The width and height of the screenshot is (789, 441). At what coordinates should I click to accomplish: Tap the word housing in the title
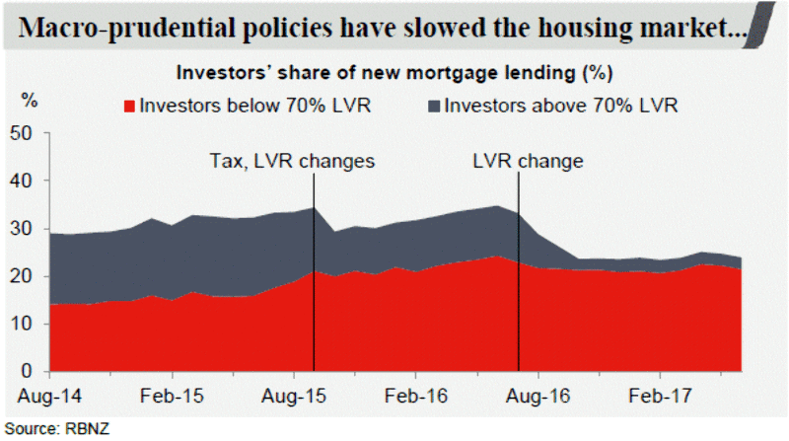click(558, 31)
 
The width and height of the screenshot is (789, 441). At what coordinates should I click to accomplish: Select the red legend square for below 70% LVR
click(128, 104)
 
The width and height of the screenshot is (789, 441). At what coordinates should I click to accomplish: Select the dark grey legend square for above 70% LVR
click(433, 104)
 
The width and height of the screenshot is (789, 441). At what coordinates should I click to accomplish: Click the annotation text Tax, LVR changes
click(292, 160)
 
